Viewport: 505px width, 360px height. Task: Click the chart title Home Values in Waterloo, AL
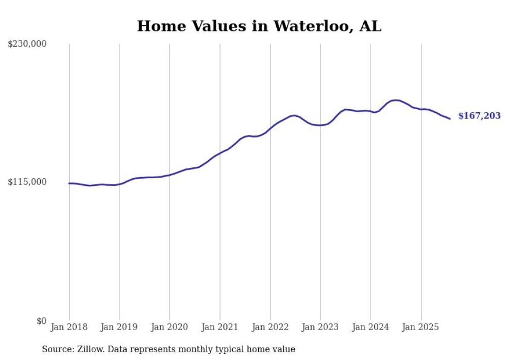(259, 26)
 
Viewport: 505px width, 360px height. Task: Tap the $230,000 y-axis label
(27, 44)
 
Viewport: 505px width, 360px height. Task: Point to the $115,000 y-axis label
(27, 182)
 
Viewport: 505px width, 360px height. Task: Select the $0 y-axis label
(41, 321)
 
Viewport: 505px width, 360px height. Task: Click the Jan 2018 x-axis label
(69, 327)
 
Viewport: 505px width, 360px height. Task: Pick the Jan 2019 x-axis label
(120, 327)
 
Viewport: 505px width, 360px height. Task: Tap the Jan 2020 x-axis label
(170, 327)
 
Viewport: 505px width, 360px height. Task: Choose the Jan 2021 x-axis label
(220, 327)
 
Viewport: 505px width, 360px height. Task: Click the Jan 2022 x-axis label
(270, 327)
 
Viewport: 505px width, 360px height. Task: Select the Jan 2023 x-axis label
(321, 327)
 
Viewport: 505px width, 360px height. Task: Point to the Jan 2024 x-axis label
(371, 327)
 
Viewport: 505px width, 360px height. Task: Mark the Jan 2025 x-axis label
(421, 327)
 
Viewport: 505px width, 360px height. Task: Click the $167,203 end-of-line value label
(479, 116)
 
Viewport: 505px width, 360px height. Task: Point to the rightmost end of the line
(450, 119)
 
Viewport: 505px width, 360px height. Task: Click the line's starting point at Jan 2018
(69, 183)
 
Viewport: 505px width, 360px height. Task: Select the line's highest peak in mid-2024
(395, 100)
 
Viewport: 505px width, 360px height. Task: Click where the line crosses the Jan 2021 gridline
(220, 152)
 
